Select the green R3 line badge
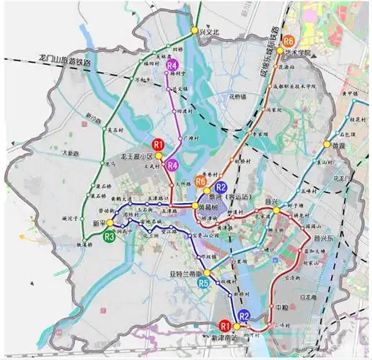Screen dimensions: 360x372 pos(110,235)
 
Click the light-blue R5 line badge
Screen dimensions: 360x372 pos(204,284)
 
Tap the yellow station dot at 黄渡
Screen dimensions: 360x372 pos(326,144)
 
